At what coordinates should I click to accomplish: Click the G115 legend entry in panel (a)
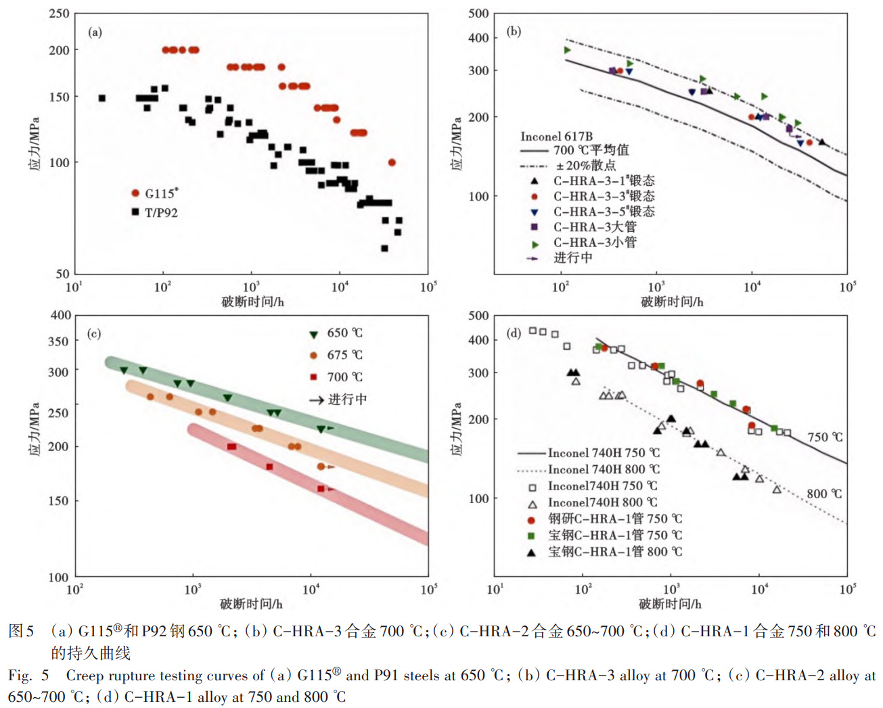point(155,193)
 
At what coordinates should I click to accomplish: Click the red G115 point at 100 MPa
point(392,162)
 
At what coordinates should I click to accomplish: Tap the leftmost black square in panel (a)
point(102,98)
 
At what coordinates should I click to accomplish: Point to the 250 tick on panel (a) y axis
point(60,14)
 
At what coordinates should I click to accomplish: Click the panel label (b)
point(514,31)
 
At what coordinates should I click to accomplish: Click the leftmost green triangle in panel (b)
point(567,50)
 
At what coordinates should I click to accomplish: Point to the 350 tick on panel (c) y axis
point(59,341)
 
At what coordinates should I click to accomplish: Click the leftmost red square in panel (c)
point(231,446)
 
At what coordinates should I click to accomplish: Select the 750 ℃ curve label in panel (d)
point(825,437)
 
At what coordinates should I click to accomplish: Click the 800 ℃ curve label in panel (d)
point(824,494)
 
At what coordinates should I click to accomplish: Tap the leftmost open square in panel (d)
point(533,331)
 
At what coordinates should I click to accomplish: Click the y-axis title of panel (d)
point(457,429)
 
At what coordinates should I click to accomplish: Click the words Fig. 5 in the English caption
point(28,676)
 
